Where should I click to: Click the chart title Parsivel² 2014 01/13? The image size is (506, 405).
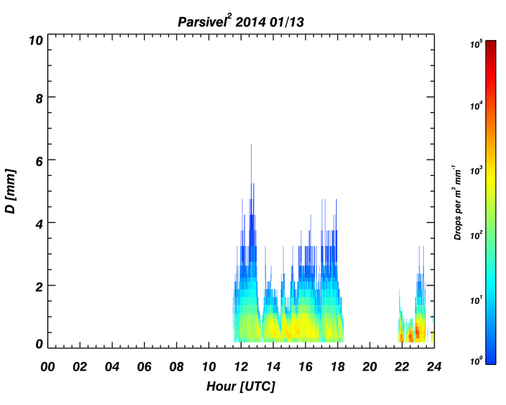pos(241,22)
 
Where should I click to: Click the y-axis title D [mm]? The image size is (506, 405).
pos(11,191)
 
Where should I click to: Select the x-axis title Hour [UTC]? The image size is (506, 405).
pos(241,386)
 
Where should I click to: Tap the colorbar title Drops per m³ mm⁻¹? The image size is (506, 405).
pos(458,202)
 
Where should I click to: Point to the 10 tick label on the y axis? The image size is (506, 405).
pos(36,41)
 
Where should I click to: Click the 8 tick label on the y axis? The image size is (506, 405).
pos(39,98)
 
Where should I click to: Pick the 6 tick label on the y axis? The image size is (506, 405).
pos(39,161)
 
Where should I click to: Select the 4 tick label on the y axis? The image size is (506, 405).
pos(39,224)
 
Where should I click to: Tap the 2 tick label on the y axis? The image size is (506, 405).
pos(39,286)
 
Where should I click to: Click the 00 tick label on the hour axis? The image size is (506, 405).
pos(48,366)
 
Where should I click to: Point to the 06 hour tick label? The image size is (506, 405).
pos(144,366)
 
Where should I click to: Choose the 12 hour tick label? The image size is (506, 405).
pos(241,366)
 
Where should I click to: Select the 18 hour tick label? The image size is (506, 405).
pos(337,366)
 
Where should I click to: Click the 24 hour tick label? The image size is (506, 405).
pos(434,366)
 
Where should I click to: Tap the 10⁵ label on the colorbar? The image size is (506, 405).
pos(476,44)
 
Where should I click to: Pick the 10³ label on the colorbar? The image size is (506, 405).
pos(476,170)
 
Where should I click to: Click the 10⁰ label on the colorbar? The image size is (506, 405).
pos(476,360)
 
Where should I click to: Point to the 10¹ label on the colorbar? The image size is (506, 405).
pos(476,300)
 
